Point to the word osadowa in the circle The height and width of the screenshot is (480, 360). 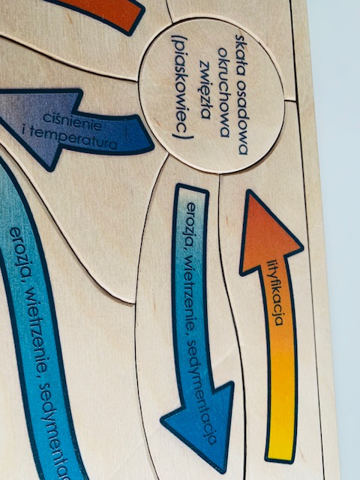point(241,118)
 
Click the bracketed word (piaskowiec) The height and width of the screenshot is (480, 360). point(183,87)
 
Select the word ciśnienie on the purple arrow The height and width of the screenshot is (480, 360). point(73,122)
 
